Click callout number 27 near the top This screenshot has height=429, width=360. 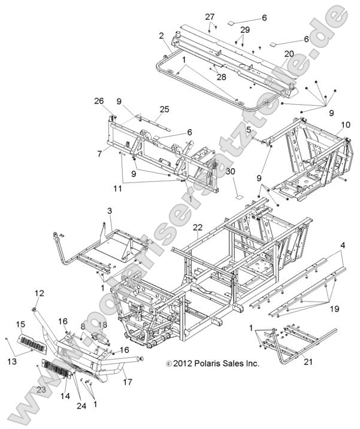pyautogui.click(x=210, y=17)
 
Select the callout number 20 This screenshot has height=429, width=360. pyautogui.click(x=289, y=54)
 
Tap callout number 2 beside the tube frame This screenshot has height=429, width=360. pyautogui.click(x=161, y=35)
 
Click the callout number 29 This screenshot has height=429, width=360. pyautogui.click(x=244, y=29)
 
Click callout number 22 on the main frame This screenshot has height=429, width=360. pyautogui.click(x=198, y=227)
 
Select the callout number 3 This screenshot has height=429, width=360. pyautogui.click(x=110, y=211)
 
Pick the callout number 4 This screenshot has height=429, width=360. pyautogui.click(x=341, y=245)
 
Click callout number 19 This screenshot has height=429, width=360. pyautogui.click(x=334, y=309)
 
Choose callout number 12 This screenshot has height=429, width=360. pyautogui.click(x=40, y=293)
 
